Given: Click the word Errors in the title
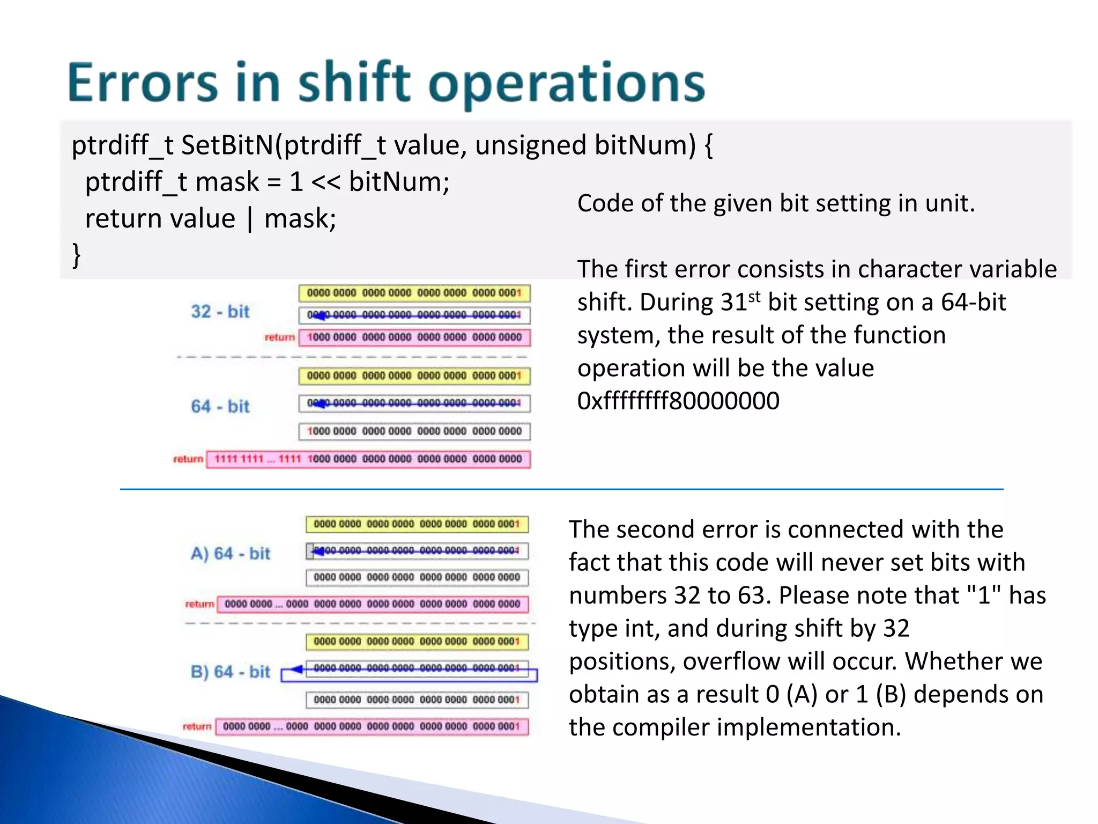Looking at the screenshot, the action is coord(143,83).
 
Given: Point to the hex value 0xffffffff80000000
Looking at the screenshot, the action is coord(678,401).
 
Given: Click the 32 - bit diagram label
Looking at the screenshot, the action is coord(220,311).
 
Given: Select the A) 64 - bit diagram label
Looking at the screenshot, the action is coord(230,553).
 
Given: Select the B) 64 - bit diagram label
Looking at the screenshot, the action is coord(230,672).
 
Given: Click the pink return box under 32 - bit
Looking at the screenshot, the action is coord(414,337).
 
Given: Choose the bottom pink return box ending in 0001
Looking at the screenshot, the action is coord(372,726).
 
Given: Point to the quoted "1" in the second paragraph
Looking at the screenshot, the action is coord(984,595).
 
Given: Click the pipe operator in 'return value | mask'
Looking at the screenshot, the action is coord(250,219).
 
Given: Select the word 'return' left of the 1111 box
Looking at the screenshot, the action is coord(188,459).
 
